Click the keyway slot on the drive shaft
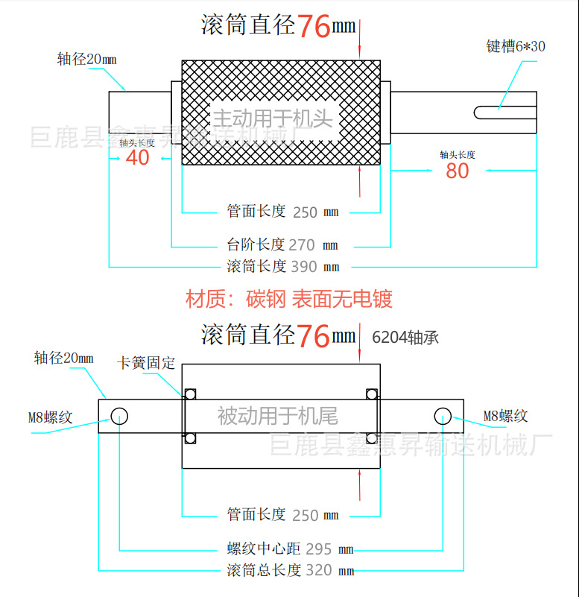[x=505, y=113]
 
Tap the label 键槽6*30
[x=516, y=46]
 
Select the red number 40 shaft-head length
[x=137, y=157]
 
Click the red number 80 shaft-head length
[x=458, y=171]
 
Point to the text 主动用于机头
[x=273, y=118]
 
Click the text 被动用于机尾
[x=277, y=416]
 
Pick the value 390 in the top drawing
[x=304, y=267]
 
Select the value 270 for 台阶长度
[x=302, y=245]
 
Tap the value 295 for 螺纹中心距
[x=319, y=549]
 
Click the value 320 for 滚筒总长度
[x=319, y=570]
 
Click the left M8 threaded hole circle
[x=119, y=416]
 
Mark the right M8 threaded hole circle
[x=443, y=416]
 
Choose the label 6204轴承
[x=405, y=338]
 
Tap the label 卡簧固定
[x=146, y=363]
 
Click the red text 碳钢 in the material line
[x=266, y=299]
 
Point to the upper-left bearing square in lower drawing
[x=190, y=394]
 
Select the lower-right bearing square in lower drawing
[x=372, y=438]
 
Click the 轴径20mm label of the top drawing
[x=86, y=60]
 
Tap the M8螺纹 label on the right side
[x=505, y=416]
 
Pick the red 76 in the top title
[x=313, y=26]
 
